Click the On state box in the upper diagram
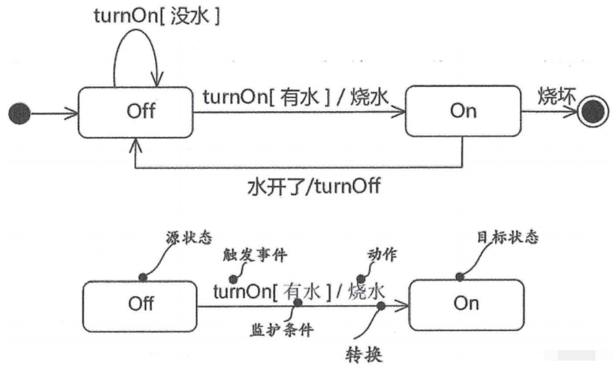pos(463,112)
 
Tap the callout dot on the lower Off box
pos(142,278)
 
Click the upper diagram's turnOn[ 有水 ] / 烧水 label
pos(295,97)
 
